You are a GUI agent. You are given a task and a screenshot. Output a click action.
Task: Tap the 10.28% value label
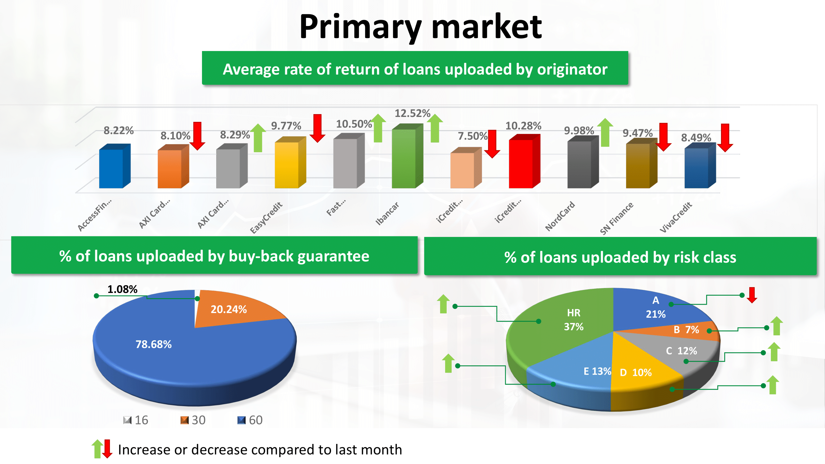pyautogui.click(x=523, y=126)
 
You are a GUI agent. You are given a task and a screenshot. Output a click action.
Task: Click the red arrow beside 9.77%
pyautogui.click(x=317, y=128)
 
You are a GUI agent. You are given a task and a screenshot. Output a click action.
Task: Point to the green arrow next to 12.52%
pyautogui.click(x=435, y=128)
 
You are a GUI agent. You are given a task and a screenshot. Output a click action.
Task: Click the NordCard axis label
pyautogui.click(x=560, y=216)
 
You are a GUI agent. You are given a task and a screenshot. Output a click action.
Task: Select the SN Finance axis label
pyautogui.click(x=617, y=218)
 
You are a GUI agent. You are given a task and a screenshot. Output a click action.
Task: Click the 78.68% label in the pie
pyautogui.click(x=154, y=344)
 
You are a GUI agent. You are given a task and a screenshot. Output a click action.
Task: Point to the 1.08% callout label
pyautogui.click(x=122, y=289)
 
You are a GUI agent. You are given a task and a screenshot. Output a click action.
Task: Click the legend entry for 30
pyautogui.click(x=193, y=420)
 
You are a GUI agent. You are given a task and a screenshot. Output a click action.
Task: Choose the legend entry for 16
pyautogui.click(x=136, y=420)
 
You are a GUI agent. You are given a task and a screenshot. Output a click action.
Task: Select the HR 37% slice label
pyautogui.click(x=574, y=320)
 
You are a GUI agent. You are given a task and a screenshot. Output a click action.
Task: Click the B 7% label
pyautogui.click(x=686, y=329)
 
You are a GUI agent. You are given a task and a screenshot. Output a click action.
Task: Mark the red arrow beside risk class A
pyautogui.click(x=752, y=295)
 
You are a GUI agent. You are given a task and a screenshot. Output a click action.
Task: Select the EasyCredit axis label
pyautogui.click(x=266, y=218)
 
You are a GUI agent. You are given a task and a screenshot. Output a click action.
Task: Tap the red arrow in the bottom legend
pyautogui.click(x=107, y=449)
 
